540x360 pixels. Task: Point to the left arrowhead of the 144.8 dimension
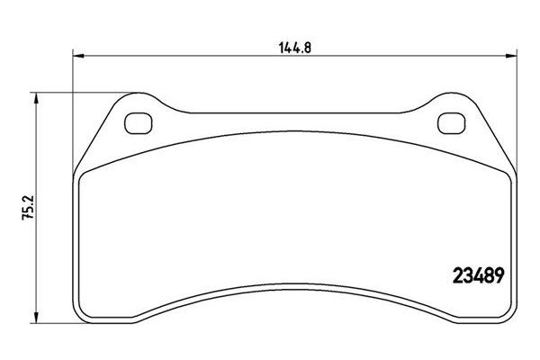77,56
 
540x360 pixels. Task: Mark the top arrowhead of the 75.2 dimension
35,96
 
